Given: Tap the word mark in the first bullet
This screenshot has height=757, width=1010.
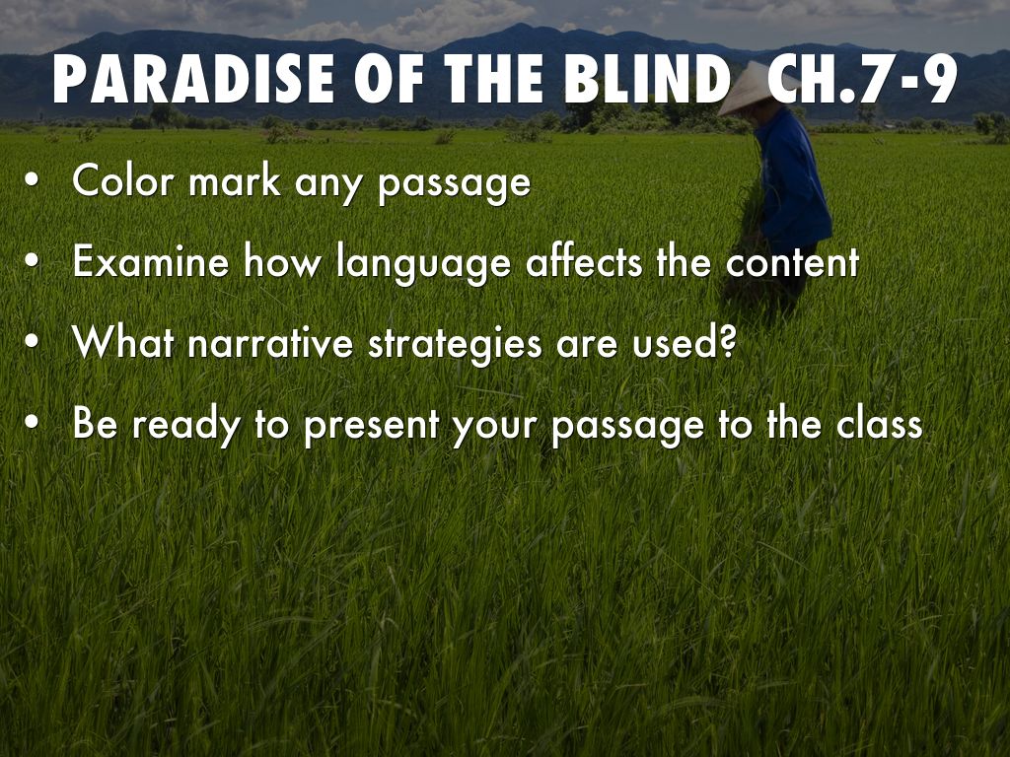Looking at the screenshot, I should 238,182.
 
